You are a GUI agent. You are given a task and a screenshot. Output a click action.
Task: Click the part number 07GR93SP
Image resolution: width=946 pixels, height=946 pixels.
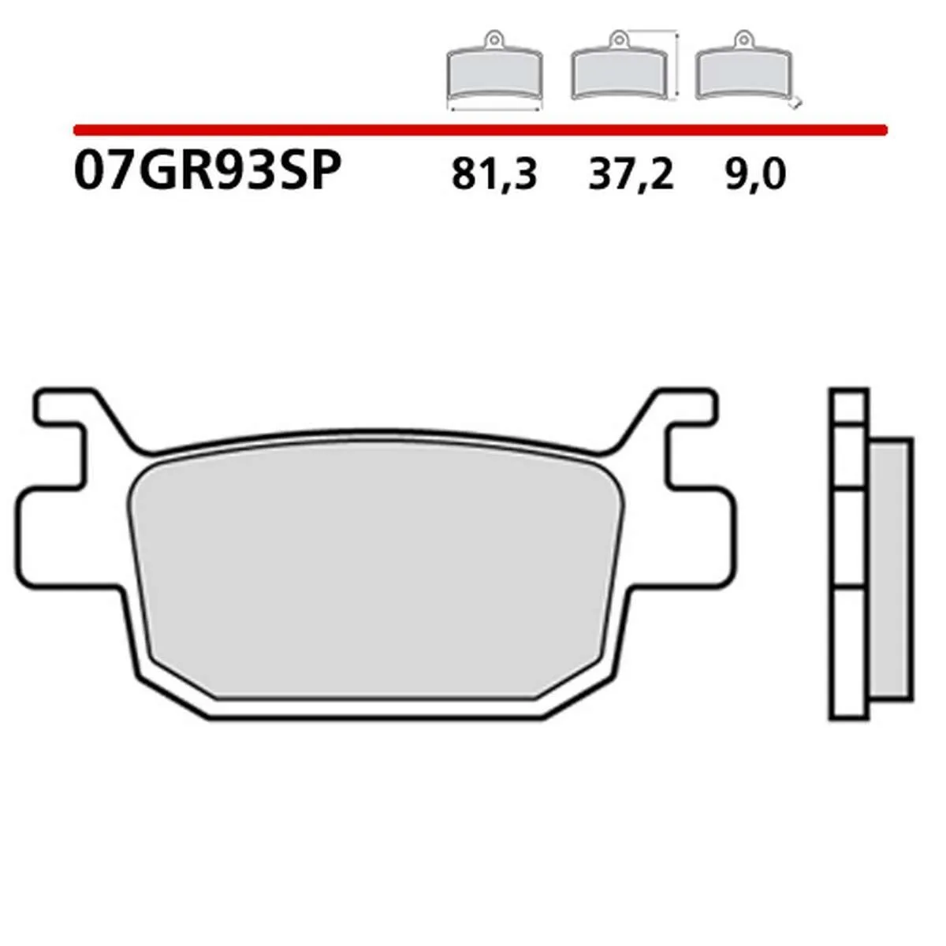click(x=207, y=172)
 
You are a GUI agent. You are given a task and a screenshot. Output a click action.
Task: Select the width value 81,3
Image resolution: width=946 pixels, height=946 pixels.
click(x=494, y=174)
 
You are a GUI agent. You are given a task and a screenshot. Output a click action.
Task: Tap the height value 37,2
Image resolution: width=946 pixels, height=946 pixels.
click(x=631, y=174)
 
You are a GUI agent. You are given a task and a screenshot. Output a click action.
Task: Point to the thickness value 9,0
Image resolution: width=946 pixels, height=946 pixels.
click(x=754, y=174)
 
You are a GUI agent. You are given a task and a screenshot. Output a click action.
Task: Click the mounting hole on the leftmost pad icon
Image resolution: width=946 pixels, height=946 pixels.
click(x=493, y=37)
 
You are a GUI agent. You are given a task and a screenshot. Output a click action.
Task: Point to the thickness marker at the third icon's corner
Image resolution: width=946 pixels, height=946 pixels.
click(x=798, y=101)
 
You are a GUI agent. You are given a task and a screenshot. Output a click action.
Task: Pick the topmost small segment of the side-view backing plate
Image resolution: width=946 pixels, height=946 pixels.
click(x=848, y=407)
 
